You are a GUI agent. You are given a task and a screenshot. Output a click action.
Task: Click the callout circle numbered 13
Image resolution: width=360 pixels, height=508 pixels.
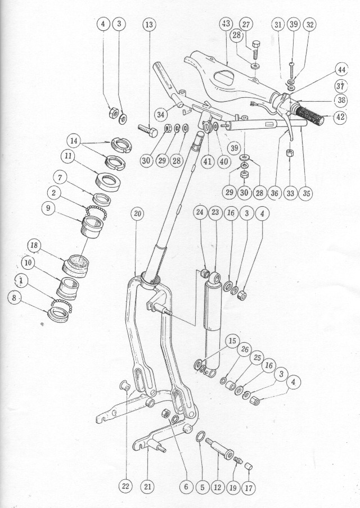(148, 25)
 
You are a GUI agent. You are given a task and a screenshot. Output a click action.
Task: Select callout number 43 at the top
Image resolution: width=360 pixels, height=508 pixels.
(225, 24)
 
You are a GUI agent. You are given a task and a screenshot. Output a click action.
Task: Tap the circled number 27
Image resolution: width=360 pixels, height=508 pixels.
(246, 24)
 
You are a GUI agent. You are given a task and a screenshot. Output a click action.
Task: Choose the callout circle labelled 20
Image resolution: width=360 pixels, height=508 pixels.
(138, 214)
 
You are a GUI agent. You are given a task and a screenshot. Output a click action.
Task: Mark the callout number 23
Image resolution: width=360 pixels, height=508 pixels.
(215, 212)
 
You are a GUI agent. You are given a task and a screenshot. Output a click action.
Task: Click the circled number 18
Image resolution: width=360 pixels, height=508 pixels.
(34, 246)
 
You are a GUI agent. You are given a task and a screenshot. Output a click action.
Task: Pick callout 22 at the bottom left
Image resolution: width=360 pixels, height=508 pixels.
(125, 487)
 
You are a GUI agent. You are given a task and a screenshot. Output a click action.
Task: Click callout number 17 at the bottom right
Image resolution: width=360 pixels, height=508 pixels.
(249, 487)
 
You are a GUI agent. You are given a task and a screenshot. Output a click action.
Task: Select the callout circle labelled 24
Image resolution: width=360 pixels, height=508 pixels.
(200, 212)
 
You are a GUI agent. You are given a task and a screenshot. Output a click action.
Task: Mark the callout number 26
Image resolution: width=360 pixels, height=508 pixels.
(244, 350)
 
